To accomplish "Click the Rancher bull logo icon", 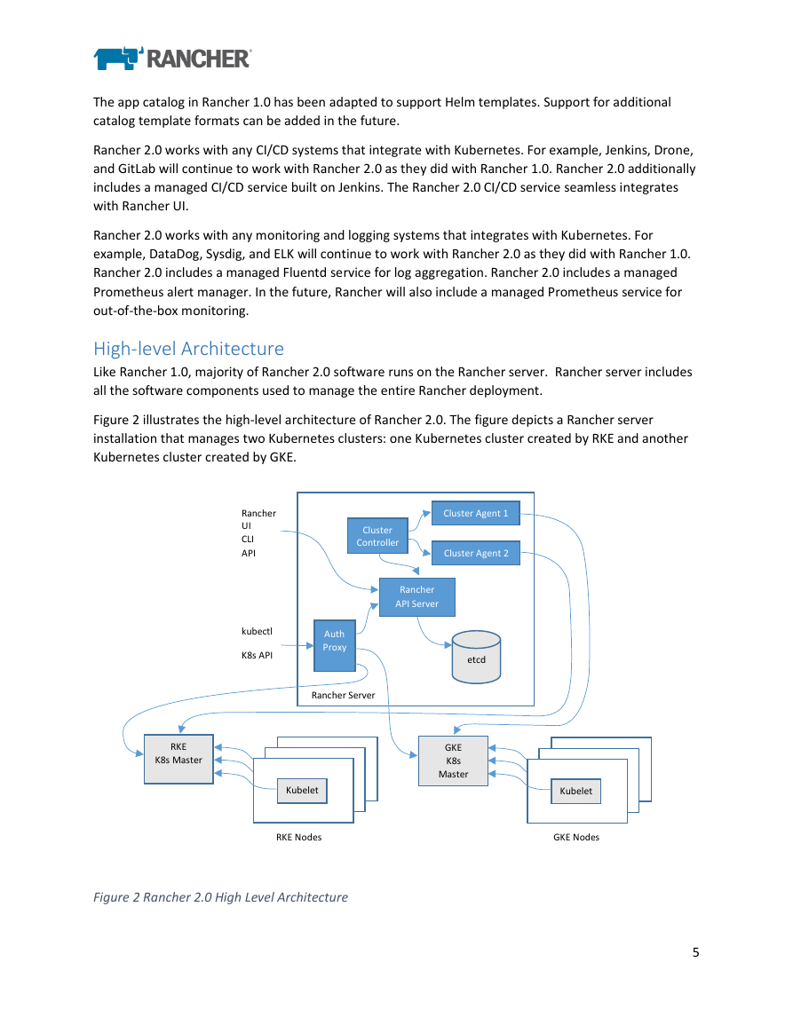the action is pos(118,59).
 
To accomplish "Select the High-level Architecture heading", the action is pos(188,349).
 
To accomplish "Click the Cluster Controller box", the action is pos(377,536).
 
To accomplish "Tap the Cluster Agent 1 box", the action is pos(476,513).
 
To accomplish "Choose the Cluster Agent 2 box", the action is pos(476,553).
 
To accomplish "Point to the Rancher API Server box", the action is pos(416,597).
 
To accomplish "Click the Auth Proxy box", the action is pos(335,646).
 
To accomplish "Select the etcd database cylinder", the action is pos(476,657).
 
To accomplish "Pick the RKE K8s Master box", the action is pos(178,759).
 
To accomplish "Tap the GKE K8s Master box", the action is pos(454,761).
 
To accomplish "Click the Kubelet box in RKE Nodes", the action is pos(302,791).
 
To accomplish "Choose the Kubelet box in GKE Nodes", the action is pos(575,791).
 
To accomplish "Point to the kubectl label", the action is pos(258,632).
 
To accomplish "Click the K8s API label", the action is pos(258,655).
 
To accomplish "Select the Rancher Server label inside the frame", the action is pos(343,695).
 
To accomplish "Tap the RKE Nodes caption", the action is pos(299,838).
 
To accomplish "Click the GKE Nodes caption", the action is pos(576,838).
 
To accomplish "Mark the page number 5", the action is pos(696,952).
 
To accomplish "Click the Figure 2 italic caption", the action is pos(220,897).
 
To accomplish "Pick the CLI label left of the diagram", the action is pos(248,540).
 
